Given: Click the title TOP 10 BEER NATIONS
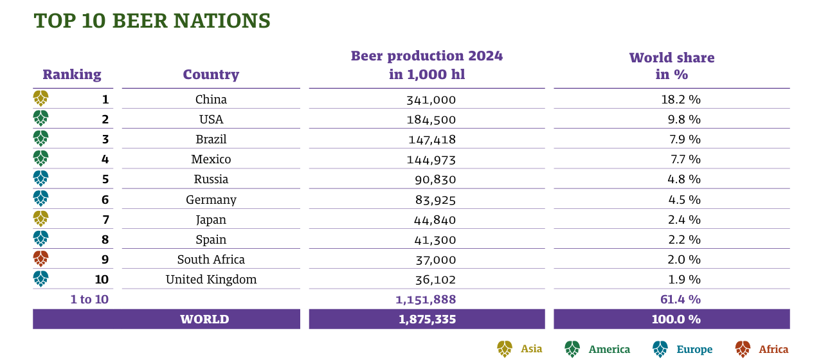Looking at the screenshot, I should pyautogui.click(x=152, y=21).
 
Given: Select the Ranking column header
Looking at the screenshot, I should pyautogui.click(x=72, y=75).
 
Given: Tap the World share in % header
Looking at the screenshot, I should pyautogui.click(x=671, y=66).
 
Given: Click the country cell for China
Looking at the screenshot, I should pyautogui.click(x=211, y=100).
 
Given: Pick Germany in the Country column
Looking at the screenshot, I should pyautogui.click(x=211, y=200).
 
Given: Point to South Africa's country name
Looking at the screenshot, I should pyautogui.click(x=211, y=260).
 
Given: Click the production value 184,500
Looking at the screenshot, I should pyautogui.click(x=431, y=120).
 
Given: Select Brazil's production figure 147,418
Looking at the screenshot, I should pyautogui.click(x=431, y=139).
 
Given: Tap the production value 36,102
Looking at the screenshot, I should pyautogui.click(x=431, y=280).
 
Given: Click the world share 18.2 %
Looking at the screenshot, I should pyautogui.click(x=685, y=100).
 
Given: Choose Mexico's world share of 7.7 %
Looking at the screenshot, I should pyautogui.click(x=685, y=159).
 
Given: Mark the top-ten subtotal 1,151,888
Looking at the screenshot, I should pyautogui.click(x=426, y=300).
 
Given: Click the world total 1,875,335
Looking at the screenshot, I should pyautogui.click(x=426, y=319).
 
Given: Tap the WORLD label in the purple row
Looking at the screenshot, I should pyautogui.click(x=204, y=319).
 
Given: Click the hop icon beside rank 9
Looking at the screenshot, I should pyautogui.click(x=41, y=258).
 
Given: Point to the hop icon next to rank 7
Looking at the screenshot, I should pyautogui.click(x=41, y=219).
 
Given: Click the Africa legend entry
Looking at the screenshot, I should pyautogui.click(x=773, y=349).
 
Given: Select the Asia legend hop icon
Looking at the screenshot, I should pyautogui.click(x=505, y=349).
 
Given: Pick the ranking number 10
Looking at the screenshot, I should pyautogui.click(x=102, y=280).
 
